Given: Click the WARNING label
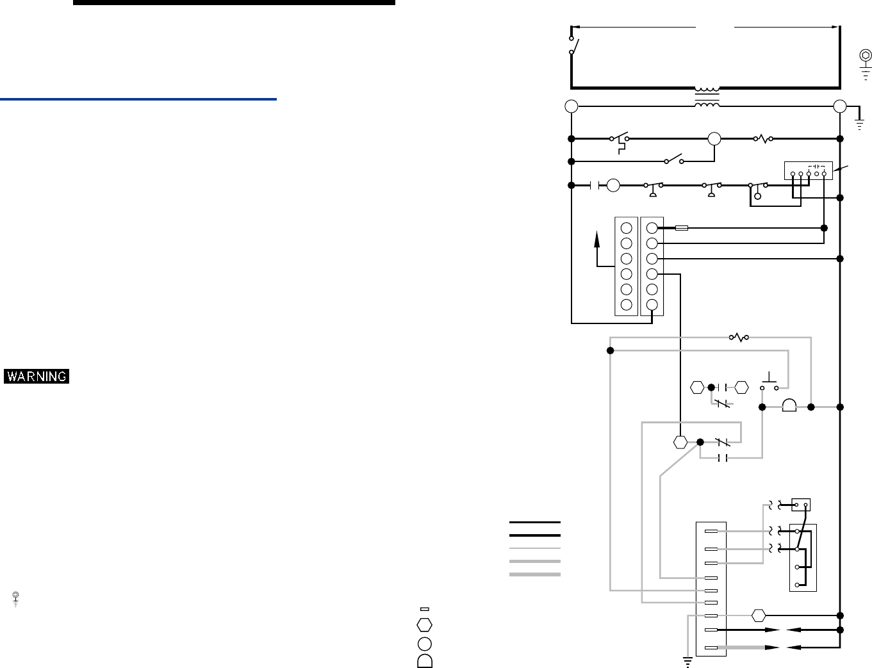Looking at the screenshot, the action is tap(37, 377).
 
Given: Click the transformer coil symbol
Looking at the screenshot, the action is tap(707, 97).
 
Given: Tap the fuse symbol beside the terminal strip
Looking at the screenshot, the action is tap(682, 227).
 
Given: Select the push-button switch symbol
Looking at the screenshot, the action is tap(769, 382).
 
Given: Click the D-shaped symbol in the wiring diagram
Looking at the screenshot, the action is tap(789, 406).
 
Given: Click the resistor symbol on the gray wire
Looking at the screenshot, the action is tap(739, 337).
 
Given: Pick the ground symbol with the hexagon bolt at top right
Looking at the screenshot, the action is tap(865, 62).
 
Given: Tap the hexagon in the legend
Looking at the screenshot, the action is tap(424, 624).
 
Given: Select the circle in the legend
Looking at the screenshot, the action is tap(424, 643).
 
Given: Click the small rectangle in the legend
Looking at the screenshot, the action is tap(424, 608).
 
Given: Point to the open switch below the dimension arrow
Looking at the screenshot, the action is tap(574, 46).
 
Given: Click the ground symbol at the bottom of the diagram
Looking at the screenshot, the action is tap(687, 662).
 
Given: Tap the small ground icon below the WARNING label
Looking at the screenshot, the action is tap(15, 599).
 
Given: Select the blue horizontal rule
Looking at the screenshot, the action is tap(138, 99).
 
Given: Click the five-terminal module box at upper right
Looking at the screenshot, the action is tap(809, 171).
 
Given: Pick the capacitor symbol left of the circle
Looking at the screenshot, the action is tap(595, 186).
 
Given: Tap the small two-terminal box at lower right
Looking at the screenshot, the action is tap(801, 505).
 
